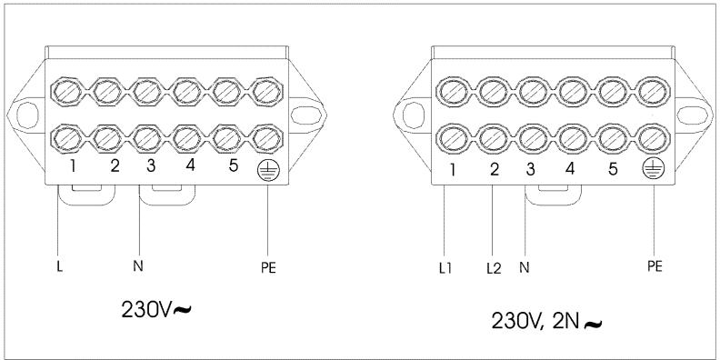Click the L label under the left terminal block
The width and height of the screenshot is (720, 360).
60,267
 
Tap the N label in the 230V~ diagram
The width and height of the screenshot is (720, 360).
138,265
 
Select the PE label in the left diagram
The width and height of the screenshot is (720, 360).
268,267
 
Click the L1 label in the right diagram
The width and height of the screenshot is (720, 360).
445,268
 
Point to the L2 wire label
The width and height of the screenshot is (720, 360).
494,268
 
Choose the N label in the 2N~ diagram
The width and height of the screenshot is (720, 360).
525,267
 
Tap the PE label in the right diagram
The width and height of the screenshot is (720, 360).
655,266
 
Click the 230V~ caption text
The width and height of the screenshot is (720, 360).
156,309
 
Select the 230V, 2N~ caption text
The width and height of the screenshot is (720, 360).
546,322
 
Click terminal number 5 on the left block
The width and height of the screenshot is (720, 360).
234,165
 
